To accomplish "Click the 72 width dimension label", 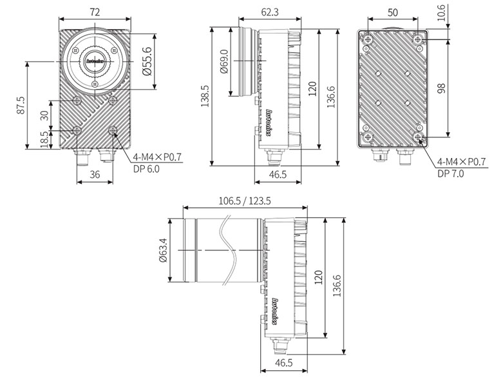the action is point(95,12).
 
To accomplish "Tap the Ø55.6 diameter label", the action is point(147,61).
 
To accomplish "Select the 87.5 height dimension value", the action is point(21,105).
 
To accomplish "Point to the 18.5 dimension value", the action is point(46,139).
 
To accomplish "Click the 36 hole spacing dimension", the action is point(95,174).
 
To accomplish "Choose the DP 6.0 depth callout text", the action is point(146,169).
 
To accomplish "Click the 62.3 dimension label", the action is point(270,12).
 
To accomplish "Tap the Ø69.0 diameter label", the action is point(225,61).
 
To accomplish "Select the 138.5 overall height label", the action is point(205,96).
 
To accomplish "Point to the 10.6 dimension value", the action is point(441,13).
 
